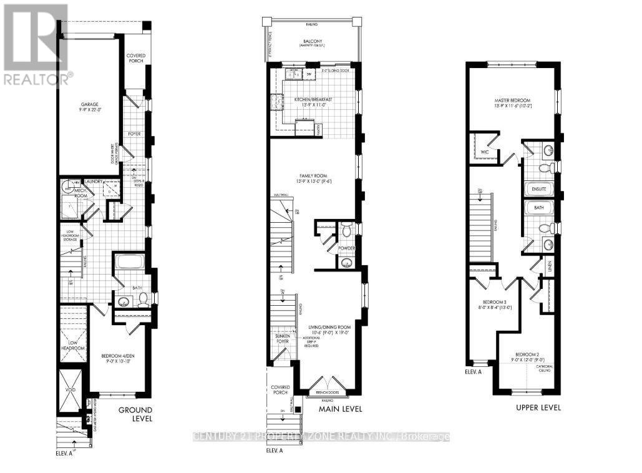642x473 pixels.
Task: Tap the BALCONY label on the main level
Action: (312, 39)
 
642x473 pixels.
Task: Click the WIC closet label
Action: (485, 152)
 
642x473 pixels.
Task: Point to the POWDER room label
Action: (346, 248)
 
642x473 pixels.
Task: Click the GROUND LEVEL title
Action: (135, 414)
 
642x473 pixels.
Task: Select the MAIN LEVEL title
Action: (340, 409)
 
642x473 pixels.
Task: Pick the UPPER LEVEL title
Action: (539, 407)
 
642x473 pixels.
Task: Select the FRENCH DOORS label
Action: (327, 392)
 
